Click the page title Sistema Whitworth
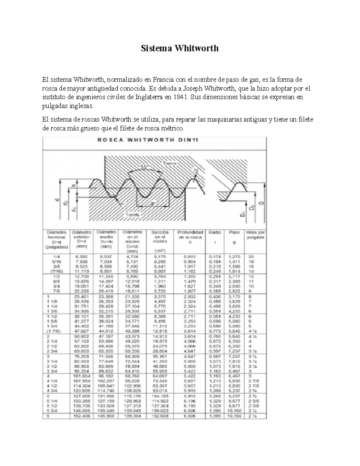pos(180,48)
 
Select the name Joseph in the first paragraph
pos(193,89)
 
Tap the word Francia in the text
pos(163,80)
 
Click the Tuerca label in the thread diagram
pos(170,164)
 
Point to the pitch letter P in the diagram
pos(152,203)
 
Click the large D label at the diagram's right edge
pos(261,203)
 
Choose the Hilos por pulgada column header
pos(255,235)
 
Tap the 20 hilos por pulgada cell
pos(251,257)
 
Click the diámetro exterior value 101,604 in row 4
pos(81,376)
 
